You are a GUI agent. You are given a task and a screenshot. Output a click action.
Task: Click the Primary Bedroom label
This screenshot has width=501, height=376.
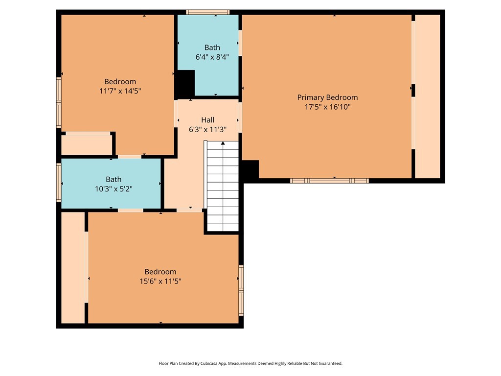click(327, 97)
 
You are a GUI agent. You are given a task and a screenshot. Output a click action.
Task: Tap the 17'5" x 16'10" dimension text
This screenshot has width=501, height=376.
click(327, 107)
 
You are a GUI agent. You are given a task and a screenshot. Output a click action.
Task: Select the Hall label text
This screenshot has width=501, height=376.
click(207, 120)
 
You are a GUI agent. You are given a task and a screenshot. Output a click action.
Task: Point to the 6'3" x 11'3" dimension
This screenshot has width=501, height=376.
click(207, 129)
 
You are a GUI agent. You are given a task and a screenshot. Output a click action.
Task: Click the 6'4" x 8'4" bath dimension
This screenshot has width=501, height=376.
click(212, 57)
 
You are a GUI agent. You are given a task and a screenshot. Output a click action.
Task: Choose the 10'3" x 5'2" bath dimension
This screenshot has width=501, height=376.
click(114, 189)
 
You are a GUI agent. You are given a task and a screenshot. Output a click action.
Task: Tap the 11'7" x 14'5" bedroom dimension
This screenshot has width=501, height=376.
click(120, 91)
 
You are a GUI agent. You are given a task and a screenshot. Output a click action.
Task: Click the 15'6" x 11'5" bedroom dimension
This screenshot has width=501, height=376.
click(160, 282)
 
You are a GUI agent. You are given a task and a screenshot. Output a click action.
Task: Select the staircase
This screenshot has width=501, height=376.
click(223, 186)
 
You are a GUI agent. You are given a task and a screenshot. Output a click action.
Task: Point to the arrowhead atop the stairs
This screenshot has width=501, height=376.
click(223, 143)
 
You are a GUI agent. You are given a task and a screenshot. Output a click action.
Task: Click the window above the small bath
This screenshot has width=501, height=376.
click(207, 12)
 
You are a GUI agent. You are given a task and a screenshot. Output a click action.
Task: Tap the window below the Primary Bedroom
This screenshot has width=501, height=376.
click(329, 181)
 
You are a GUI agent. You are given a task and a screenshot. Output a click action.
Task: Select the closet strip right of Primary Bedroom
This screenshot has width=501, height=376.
click(428, 96)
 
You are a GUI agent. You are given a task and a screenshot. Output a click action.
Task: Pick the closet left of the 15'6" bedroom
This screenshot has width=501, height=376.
click(73, 268)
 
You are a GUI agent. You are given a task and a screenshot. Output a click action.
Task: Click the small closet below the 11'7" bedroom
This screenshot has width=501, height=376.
click(86, 145)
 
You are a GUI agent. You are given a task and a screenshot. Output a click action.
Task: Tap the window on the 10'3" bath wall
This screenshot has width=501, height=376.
click(59, 183)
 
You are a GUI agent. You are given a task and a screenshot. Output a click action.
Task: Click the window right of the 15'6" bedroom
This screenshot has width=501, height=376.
click(241, 290)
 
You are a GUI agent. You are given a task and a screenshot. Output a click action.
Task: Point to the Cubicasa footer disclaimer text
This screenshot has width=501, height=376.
click(250, 363)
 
